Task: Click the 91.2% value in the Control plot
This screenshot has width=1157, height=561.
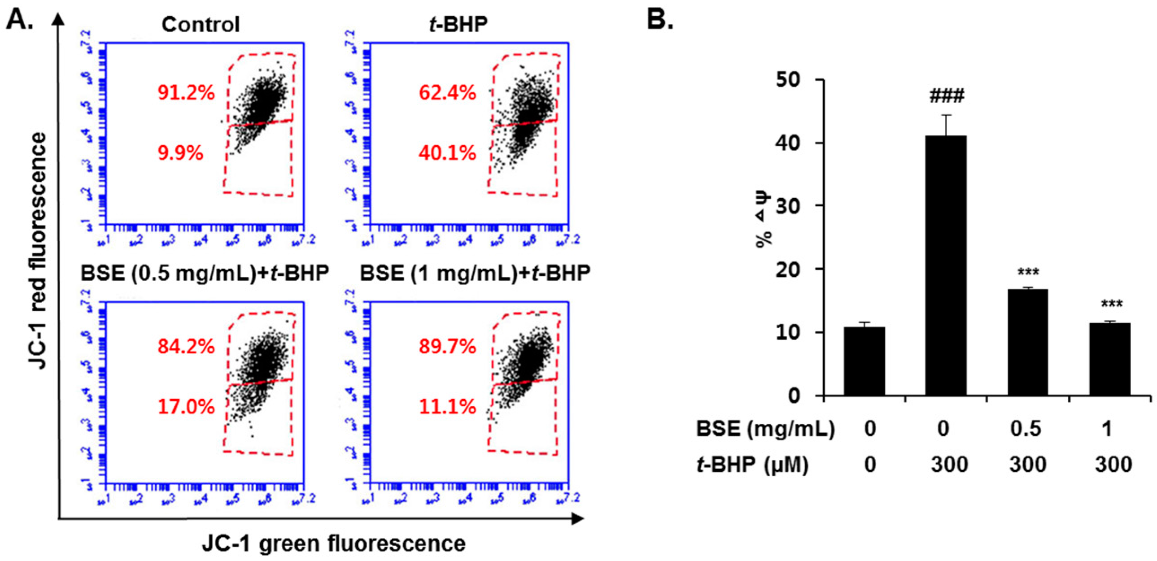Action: point(185,93)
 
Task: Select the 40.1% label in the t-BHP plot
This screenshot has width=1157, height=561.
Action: point(447,153)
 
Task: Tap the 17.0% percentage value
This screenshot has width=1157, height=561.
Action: point(185,407)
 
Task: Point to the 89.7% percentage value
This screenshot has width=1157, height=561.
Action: point(447,347)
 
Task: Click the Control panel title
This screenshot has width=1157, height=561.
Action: point(201,24)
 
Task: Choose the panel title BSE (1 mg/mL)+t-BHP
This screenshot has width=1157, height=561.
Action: point(475,273)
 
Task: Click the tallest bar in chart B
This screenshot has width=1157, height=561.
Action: point(946,265)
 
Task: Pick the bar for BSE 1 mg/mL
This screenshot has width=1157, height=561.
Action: point(1109,359)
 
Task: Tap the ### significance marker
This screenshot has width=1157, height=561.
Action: point(946,96)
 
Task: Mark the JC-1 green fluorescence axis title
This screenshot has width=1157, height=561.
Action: point(333,544)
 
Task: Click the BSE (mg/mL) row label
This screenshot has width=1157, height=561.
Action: point(765,429)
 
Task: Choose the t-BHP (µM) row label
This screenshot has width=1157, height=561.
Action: point(753,464)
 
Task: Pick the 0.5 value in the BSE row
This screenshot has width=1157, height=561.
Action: point(1026,429)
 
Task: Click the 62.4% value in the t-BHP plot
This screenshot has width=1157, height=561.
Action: point(447,93)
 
